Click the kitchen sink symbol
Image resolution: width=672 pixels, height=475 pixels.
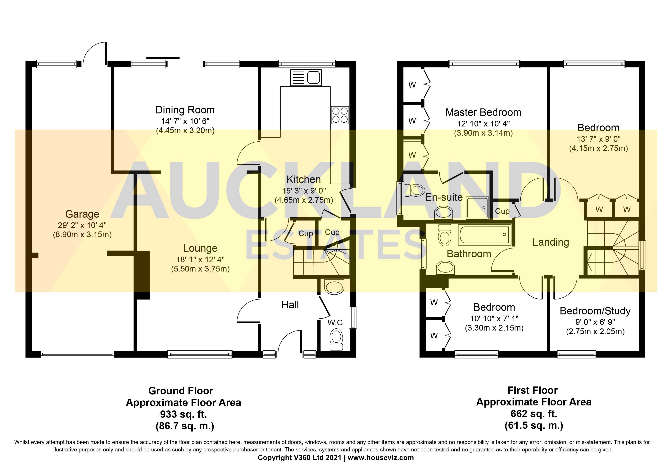(306, 78)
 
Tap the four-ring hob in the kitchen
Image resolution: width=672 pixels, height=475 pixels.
(340, 115)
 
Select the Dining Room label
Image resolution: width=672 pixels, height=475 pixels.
(185, 110)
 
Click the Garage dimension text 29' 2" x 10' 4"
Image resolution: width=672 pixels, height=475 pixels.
(82, 225)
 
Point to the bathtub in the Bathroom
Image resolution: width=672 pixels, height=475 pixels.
(484, 235)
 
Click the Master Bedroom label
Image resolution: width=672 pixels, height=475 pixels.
(483, 112)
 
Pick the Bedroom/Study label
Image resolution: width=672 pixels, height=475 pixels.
(595, 311)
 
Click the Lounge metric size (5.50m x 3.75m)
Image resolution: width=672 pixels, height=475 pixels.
(200, 269)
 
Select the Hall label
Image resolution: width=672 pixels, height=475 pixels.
(290, 305)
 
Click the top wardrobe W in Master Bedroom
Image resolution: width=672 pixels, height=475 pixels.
(412, 85)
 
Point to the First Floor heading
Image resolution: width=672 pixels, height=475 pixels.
(532, 391)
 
